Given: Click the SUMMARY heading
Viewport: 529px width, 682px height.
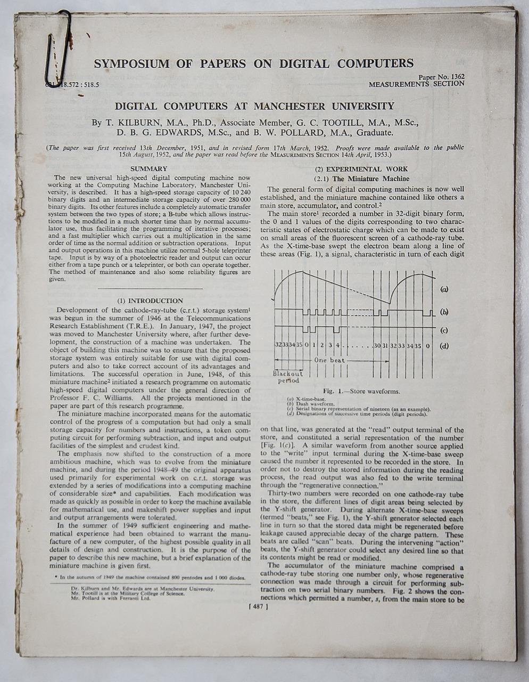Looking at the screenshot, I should (x=149, y=168).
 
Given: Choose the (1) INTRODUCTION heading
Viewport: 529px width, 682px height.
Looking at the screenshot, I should (x=150, y=301).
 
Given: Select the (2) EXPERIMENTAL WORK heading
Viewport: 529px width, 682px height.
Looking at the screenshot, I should (x=361, y=169).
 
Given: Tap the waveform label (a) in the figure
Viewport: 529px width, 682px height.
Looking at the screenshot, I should (x=444, y=289).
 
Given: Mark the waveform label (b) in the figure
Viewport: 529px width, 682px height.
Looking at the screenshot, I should (x=444, y=312).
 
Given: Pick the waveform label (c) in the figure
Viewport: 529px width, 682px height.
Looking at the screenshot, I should (x=444, y=330).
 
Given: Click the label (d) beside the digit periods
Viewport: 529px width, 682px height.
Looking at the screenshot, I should (x=444, y=345).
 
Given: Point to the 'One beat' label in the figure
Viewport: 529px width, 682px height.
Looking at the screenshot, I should (x=330, y=360).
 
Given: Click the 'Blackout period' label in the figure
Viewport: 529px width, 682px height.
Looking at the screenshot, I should (x=288, y=377).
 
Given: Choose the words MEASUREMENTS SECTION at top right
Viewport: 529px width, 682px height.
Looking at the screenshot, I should (x=416, y=84).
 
